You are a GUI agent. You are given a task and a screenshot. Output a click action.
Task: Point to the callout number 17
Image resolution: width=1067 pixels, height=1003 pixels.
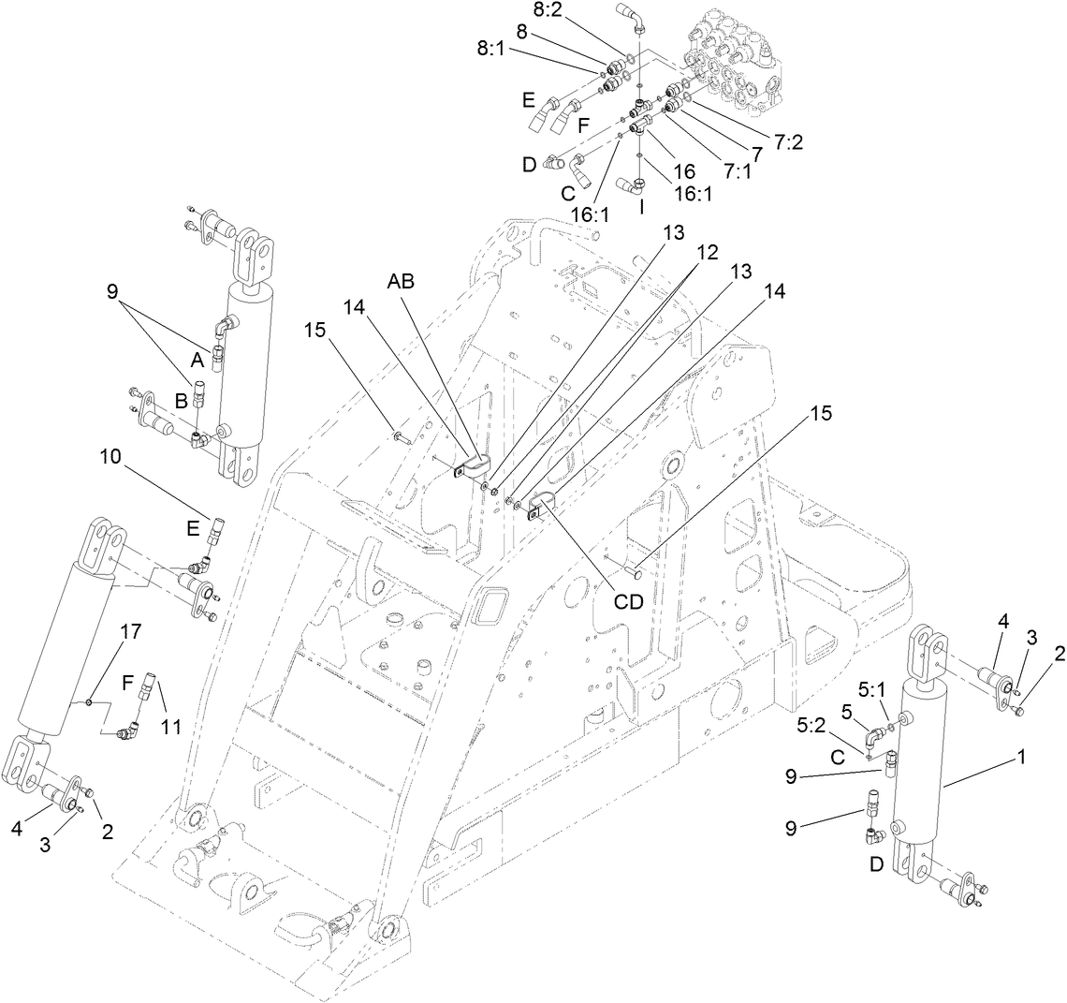point(130,631)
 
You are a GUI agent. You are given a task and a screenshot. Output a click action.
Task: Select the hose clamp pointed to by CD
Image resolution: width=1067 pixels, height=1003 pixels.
point(540,507)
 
